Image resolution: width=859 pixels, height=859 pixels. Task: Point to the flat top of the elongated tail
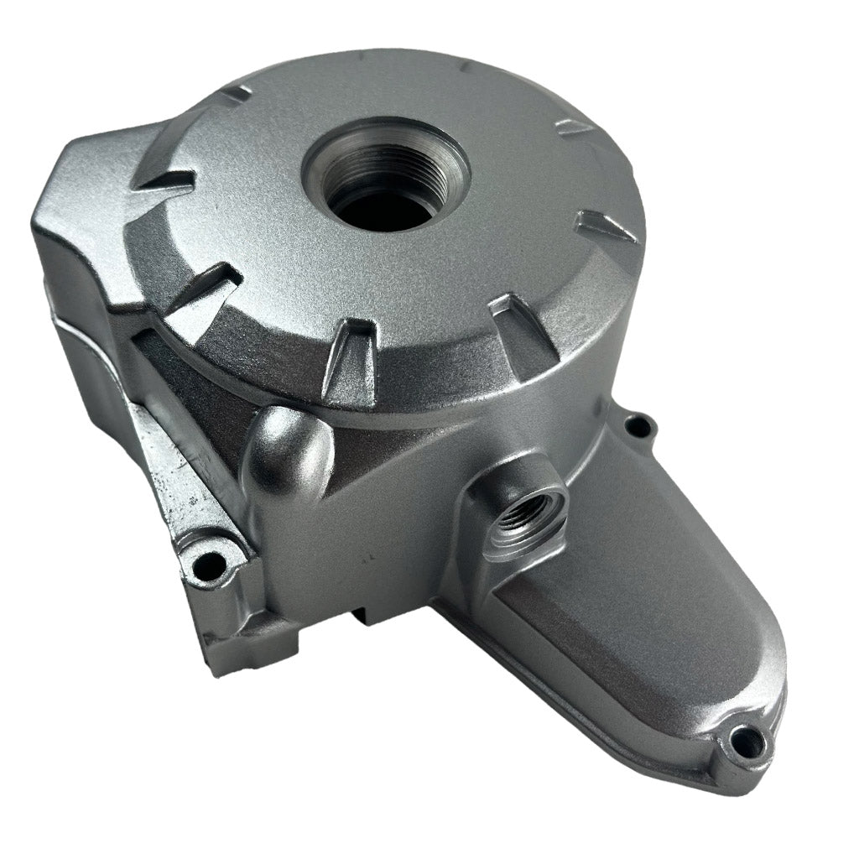[x=638, y=612]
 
